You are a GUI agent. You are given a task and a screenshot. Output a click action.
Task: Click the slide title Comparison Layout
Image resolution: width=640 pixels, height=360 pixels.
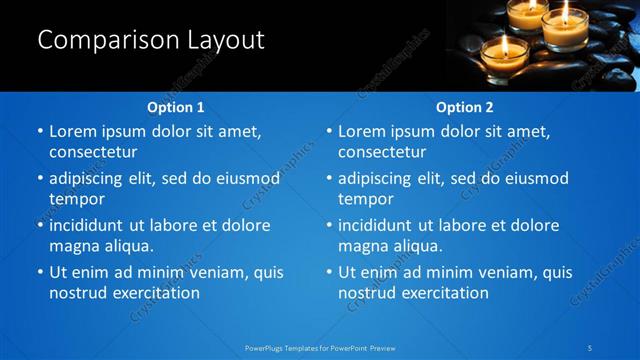pyautogui.click(x=151, y=40)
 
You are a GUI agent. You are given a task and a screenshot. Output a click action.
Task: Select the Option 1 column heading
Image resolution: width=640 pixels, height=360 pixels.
pyautogui.click(x=176, y=107)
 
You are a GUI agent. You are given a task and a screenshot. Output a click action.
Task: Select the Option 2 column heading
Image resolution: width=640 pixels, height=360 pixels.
pyautogui.click(x=465, y=107)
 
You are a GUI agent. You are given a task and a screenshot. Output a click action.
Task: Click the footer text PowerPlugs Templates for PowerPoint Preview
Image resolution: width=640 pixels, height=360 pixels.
pyautogui.click(x=320, y=347)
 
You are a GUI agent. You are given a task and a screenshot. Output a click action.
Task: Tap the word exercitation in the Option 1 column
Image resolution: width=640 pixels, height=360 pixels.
pyautogui.click(x=154, y=293)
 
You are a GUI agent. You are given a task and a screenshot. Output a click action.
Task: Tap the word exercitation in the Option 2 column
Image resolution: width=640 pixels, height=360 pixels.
pyautogui.click(x=443, y=293)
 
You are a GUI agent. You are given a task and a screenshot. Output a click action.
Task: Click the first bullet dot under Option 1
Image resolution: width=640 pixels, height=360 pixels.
pyautogui.click(x=39, y=132)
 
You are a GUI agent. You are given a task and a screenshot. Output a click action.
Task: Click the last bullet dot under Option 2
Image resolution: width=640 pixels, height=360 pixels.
pyautogui.click(x=328, y=273)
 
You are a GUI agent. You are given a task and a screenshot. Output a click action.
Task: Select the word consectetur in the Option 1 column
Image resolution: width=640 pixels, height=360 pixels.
pyautogui.click(x=93, y=152)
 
